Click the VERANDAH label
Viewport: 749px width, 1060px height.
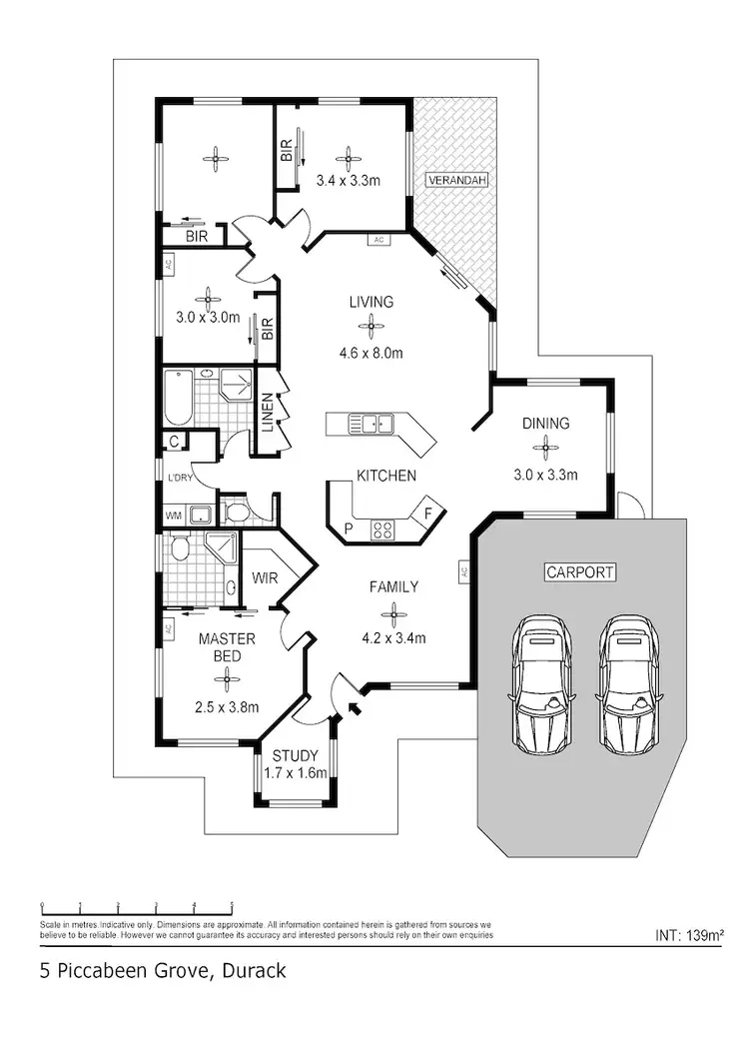456,181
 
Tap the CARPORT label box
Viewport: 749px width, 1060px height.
579,572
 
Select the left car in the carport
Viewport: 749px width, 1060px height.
540,687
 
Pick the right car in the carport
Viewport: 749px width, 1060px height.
628,687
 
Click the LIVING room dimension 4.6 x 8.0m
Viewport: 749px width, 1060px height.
371,352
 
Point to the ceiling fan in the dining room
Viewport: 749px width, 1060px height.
545,449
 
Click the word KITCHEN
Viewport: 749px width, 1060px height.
386,476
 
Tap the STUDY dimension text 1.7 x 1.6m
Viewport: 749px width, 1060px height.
295,773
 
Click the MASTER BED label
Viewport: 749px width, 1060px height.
227,646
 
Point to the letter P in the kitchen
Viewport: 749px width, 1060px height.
348,527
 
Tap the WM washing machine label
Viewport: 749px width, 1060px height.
173,516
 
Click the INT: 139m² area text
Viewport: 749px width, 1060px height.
689,936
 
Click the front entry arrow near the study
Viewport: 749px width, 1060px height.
352,710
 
